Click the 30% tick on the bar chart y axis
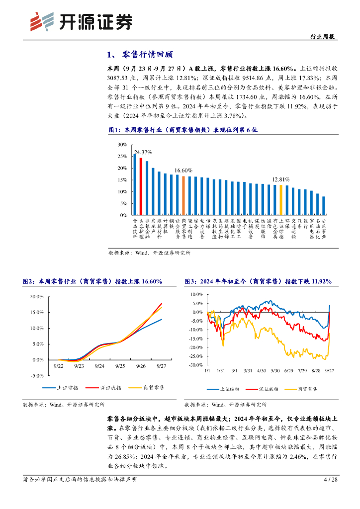click(122, 145)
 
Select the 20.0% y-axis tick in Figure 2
click(37, 297)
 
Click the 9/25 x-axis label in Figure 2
click(120, 366)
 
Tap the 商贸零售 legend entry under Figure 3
click(301, 388)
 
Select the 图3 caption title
click(258, 281)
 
